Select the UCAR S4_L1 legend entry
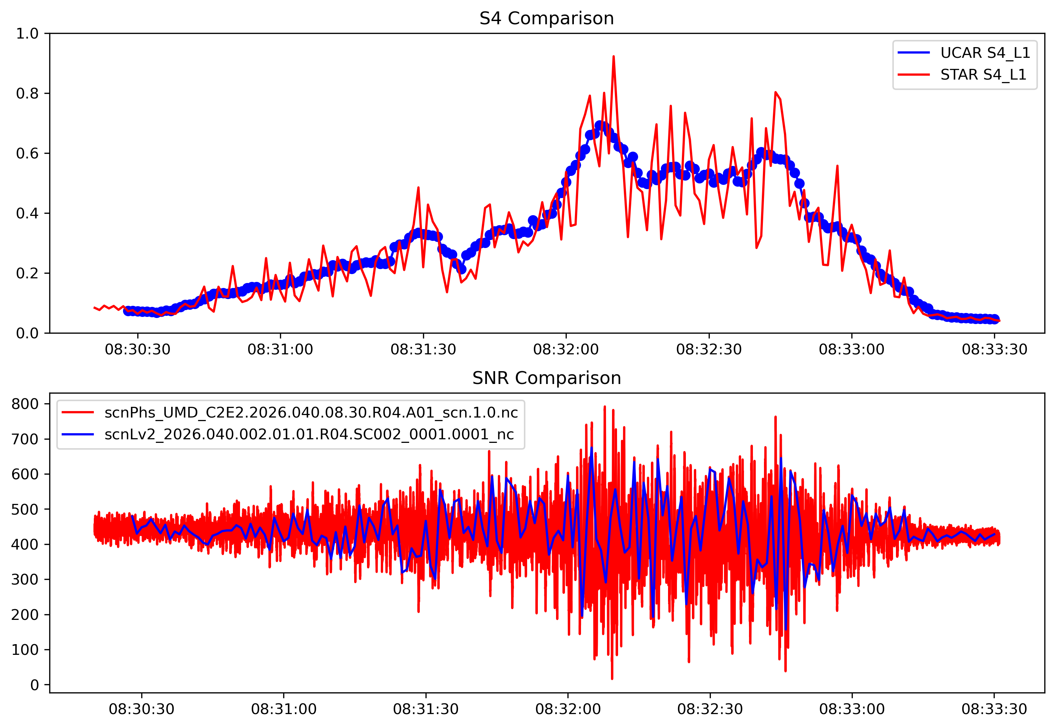[985, 53]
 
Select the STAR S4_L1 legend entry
[983, 74]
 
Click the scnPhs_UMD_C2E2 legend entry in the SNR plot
[311, 413]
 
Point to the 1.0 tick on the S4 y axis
[27, 33]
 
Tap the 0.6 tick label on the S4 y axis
[27, 153]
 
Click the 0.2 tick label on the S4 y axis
[27, 273]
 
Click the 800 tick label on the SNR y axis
[25, 404]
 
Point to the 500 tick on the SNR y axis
[25, 509]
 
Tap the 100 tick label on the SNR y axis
[25, 649]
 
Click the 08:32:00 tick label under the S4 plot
[566, 350]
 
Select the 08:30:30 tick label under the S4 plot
[137, 350]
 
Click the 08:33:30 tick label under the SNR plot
[994, 709]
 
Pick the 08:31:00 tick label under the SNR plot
[284, 709]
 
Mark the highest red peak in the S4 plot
[613, 56]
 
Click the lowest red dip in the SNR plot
[612, 679]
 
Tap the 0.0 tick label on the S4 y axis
[27, 333]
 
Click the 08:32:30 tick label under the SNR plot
[710, 709]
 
